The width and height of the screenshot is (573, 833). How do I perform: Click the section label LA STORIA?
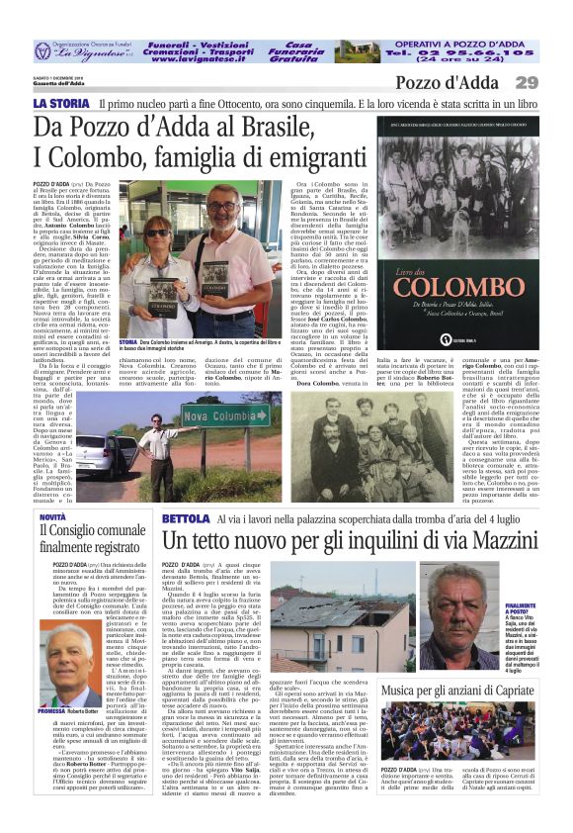click(60, 103)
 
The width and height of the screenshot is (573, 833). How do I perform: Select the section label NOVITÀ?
click(53, 517)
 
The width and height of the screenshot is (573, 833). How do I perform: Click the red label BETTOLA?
click(186, 518)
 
